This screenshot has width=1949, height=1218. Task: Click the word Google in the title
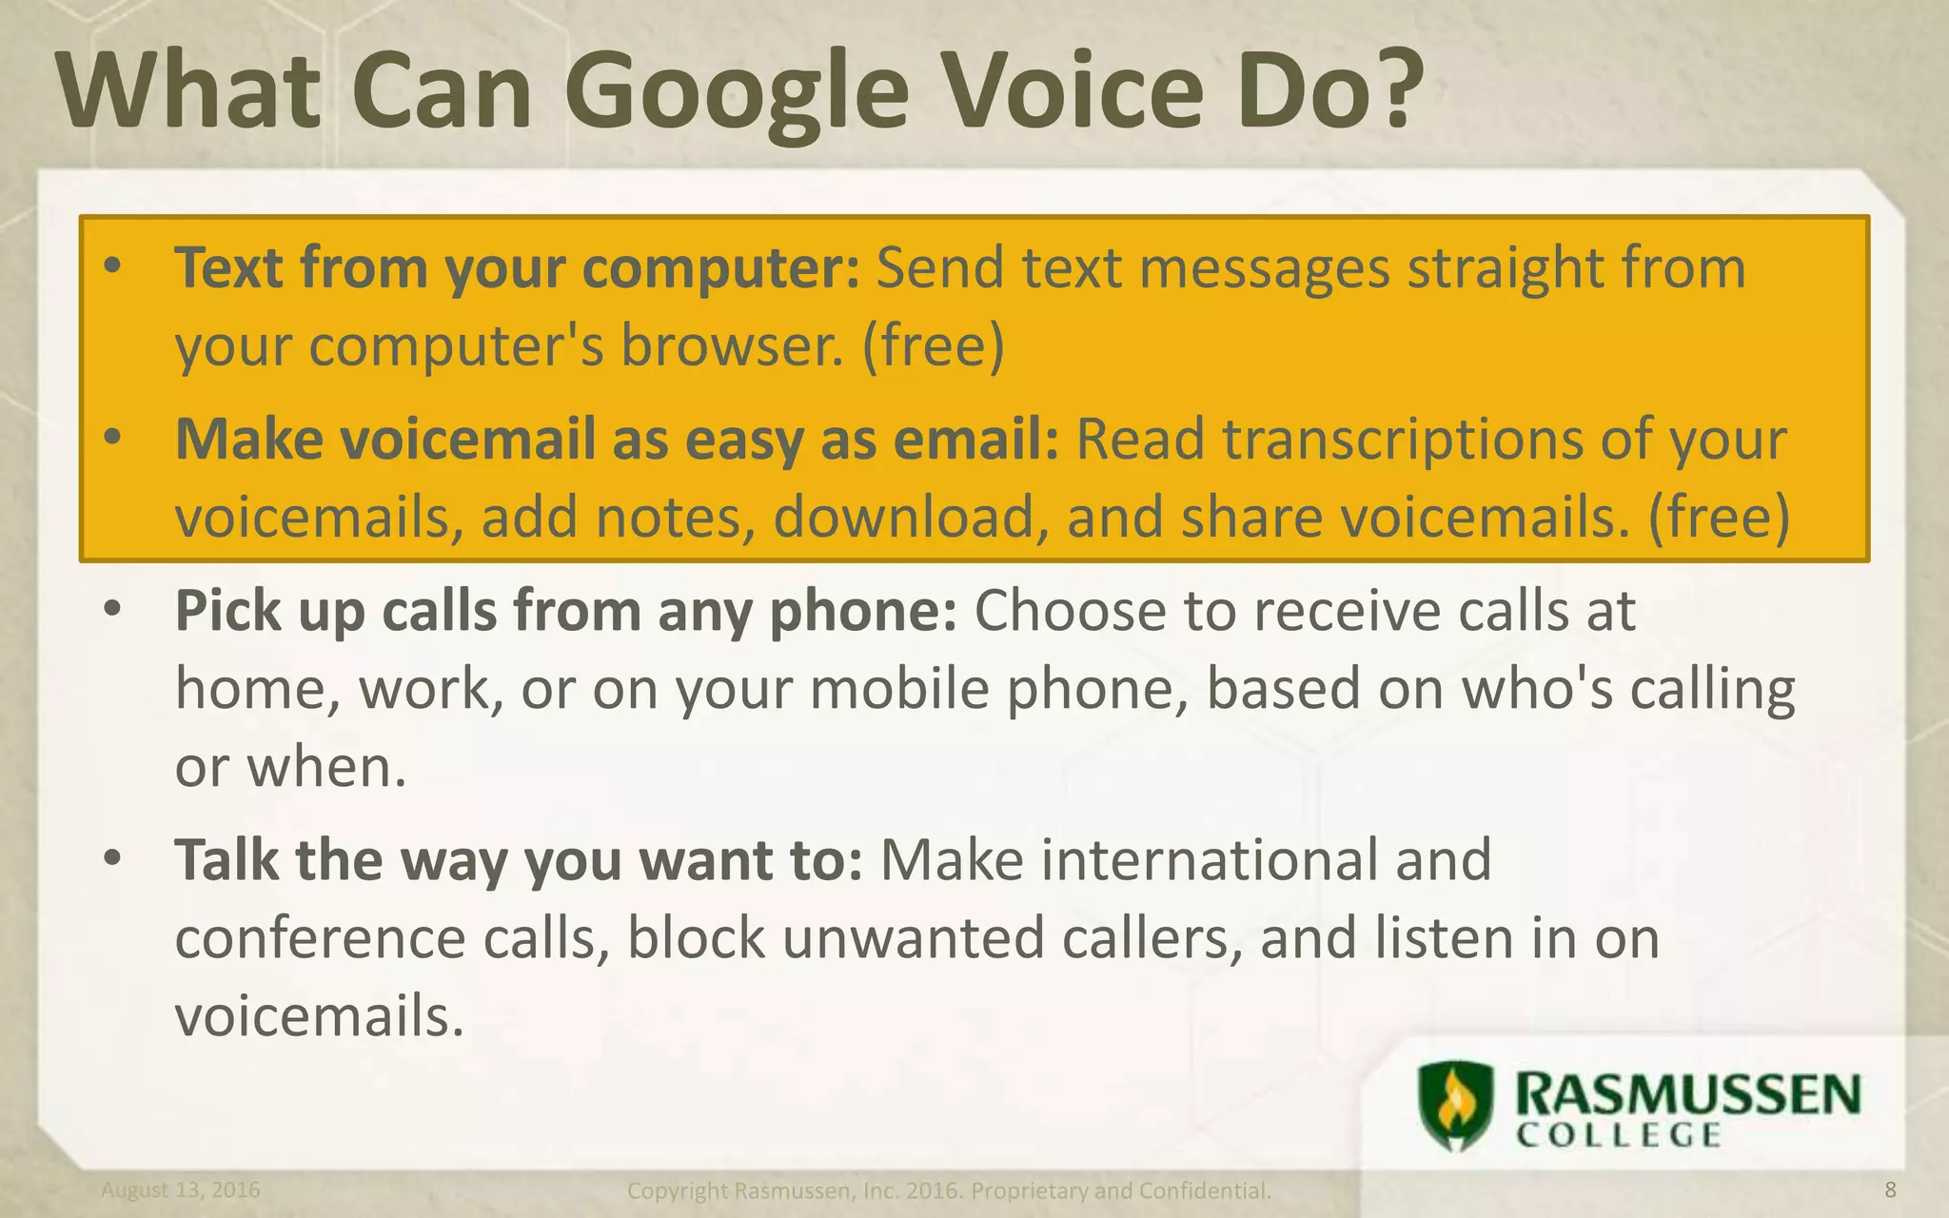pos(737,92)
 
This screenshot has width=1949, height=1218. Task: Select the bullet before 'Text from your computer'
pos(112,267)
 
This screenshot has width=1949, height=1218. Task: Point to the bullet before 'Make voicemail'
pos(112,439)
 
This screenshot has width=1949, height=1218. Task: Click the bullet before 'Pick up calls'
pos(112,610)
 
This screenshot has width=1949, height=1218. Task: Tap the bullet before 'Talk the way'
pos(112,859)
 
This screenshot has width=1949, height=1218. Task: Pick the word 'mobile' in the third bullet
pos(900,688)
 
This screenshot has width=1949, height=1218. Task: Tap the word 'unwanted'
pos(914,938)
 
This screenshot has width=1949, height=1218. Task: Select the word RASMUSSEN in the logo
pos(1687,1094)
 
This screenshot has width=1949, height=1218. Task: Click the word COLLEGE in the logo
pos(1618,1136)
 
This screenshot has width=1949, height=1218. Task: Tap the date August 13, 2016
pos(181,1190)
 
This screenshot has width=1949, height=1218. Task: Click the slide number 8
pos(1890,1189)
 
